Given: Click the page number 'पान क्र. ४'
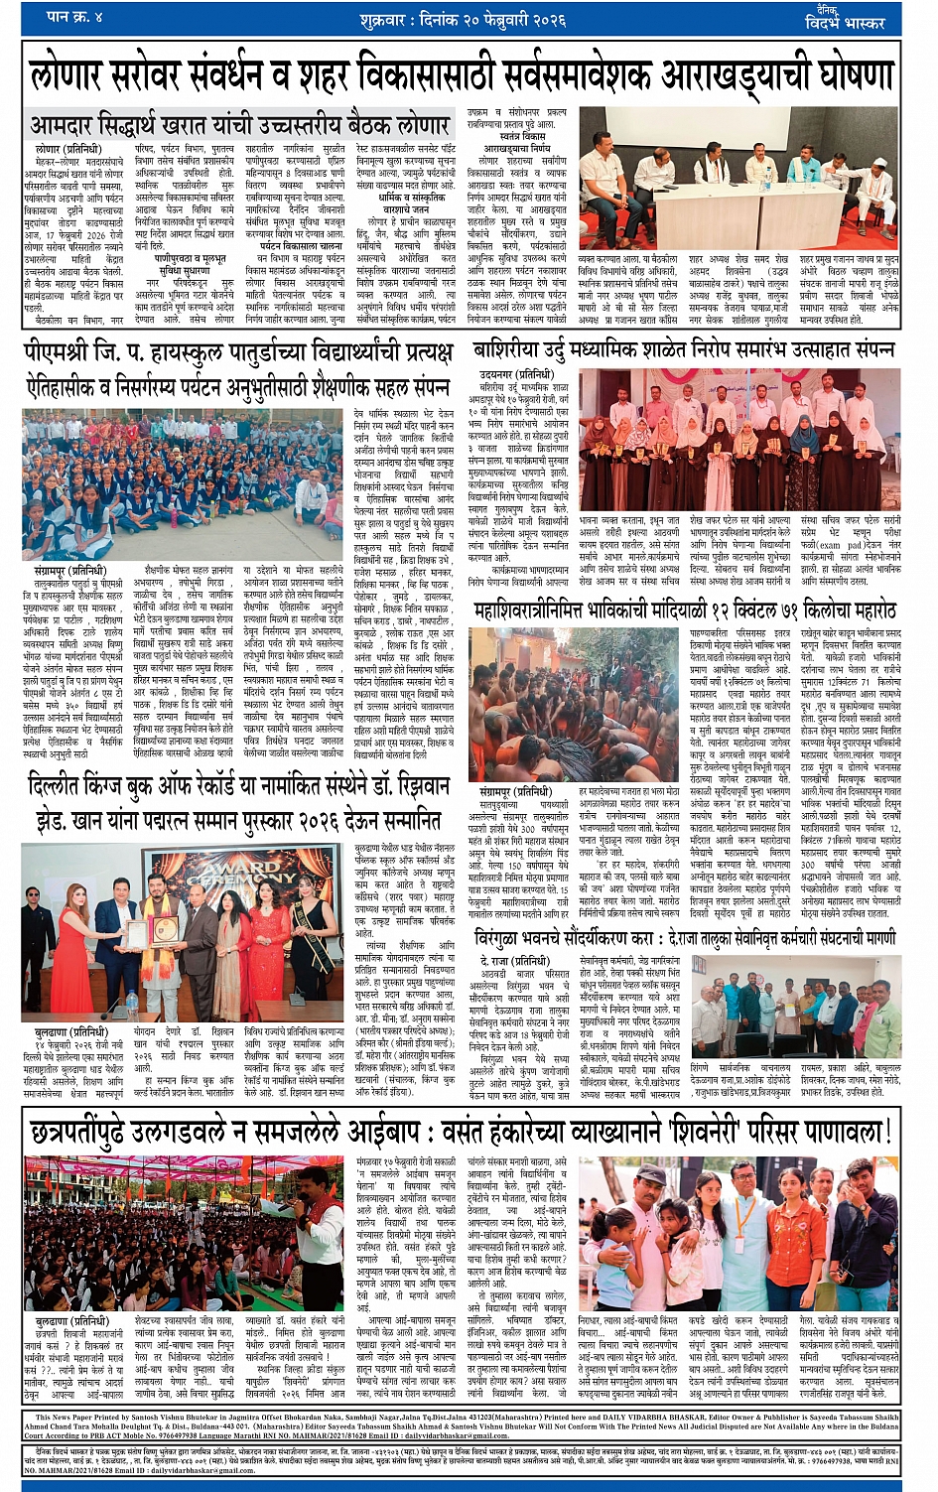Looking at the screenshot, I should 75,17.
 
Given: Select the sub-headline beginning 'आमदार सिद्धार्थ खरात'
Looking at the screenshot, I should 239,125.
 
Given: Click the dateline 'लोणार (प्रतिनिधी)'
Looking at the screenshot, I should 62,148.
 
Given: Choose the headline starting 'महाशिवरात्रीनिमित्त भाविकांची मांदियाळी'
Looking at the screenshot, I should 685,610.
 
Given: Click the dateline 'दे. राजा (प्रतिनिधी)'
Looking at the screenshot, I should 514,961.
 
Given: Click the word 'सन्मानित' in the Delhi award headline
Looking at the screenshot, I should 396,822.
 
